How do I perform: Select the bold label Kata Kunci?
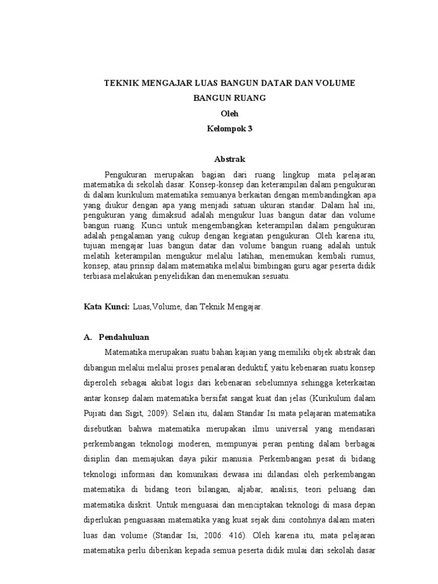click(x=107, y=306)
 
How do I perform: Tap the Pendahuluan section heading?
click(x=124, y=337)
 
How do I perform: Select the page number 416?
click(x=239, y=536)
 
